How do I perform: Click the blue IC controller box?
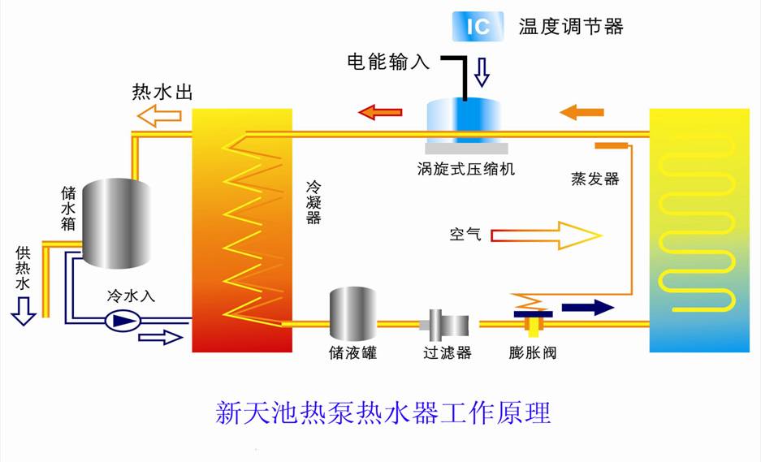[478, 26]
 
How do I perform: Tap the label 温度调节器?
[571, 27]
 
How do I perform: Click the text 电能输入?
[388, 62]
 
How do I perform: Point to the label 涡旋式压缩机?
[466, 169]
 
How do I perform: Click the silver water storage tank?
[116, 223]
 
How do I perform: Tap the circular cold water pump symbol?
[123, 320]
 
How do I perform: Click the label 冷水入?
[131, 296]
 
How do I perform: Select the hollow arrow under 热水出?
[159, 116]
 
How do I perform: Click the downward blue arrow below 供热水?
[24, 311]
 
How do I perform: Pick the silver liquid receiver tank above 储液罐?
[353, 313]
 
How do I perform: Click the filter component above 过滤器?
[445, 324]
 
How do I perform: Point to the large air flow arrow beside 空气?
[546, 235]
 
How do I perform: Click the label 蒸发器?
[595, 179]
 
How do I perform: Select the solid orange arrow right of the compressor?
[582, 113]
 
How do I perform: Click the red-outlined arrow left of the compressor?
[380, 113]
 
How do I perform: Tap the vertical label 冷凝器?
[313, 202]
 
